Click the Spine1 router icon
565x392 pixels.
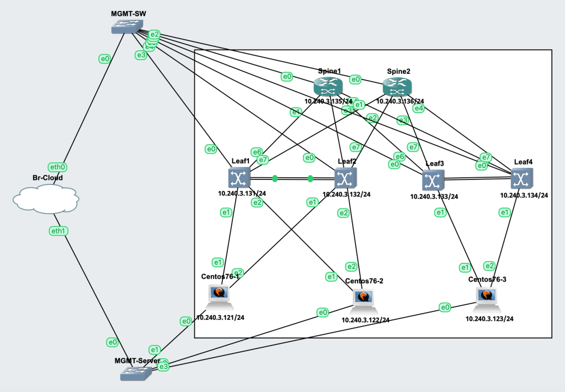328,87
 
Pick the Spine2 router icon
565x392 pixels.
397,87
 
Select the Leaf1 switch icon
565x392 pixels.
239,178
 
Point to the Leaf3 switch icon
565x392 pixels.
433,181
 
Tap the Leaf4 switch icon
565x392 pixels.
521,178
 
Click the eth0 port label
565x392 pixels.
58,167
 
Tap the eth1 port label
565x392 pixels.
58,231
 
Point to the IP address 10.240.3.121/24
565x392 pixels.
220,318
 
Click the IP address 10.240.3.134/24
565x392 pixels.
524,195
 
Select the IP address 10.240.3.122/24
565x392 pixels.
365,320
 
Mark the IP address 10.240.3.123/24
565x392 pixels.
489,319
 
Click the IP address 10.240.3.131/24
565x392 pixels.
242,194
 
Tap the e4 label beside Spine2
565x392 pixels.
419,108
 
